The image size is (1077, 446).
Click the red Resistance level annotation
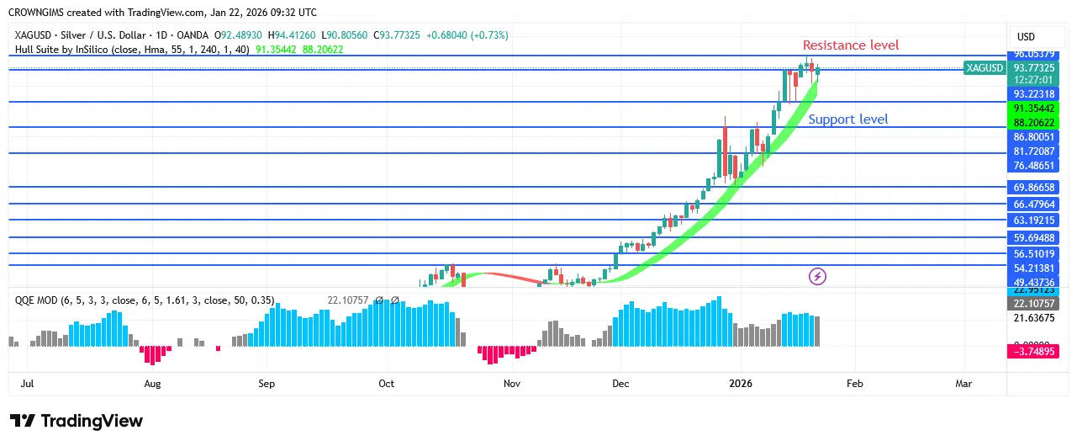(x=850, y=45)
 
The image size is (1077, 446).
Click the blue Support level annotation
(x=847, y=119)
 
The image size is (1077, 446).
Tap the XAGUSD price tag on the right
(x=985, y=68)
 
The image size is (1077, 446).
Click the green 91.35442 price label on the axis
(x=1034, y=109)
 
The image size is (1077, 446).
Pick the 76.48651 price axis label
(x=1034, y=166)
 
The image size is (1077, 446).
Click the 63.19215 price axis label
(x=1034, y=220)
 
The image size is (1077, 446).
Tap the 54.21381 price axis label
(x=1034, y=268)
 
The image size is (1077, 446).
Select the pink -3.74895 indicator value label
(x=1034, y=353)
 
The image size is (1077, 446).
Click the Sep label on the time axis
(x=267, y=384)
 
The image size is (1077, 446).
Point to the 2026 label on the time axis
(x=741, y=384)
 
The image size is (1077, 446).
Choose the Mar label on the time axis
(x=963, y=384)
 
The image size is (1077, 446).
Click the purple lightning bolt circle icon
(x=816, y=276)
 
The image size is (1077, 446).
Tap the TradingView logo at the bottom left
(x=77, y=422)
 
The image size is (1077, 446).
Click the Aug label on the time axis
(x=152, y=384)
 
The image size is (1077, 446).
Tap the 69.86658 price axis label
(x=1034, y=188)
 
